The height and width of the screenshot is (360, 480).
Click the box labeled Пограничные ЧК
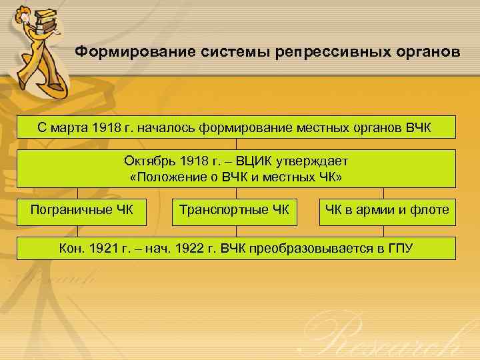pyautogui.click(x=81, y=211)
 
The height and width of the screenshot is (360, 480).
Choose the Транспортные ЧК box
pyautogui.click(x=234, y=211)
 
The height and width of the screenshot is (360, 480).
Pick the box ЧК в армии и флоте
pyautogui.click(x=387, y=211)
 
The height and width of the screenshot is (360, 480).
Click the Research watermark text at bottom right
pyautogui.click(x=393, y=337)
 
